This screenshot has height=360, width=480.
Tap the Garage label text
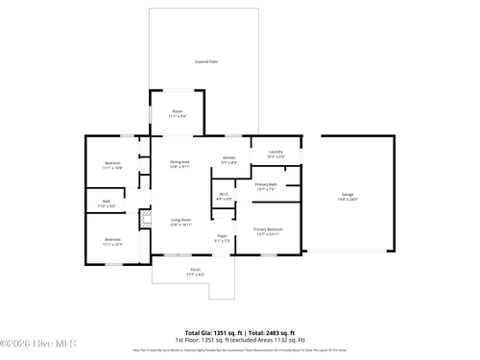coord(348,195)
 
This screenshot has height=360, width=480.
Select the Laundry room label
coord(276,152)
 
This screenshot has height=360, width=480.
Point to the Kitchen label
coord(229,158)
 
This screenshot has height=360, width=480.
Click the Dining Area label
coord(180,162)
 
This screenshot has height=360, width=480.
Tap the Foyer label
coord(222,235)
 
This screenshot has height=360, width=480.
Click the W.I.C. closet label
coord(224,195)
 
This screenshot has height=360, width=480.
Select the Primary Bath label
coord(266,184)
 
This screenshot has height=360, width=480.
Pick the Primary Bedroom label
coord(268,229)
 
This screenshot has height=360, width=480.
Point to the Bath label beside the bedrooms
coord(107,201)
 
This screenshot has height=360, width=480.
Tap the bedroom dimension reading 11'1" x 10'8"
coord(112,168)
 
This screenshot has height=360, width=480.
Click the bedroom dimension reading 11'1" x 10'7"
coord(112,243)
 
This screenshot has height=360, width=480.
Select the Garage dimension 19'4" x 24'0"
coord(348,200)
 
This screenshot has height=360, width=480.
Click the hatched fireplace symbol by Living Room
coord(145,220)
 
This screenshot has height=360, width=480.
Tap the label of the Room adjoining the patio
coord(178,111)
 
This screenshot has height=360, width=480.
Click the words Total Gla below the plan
coord(200,332)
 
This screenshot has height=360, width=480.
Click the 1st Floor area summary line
coord(239,340)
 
